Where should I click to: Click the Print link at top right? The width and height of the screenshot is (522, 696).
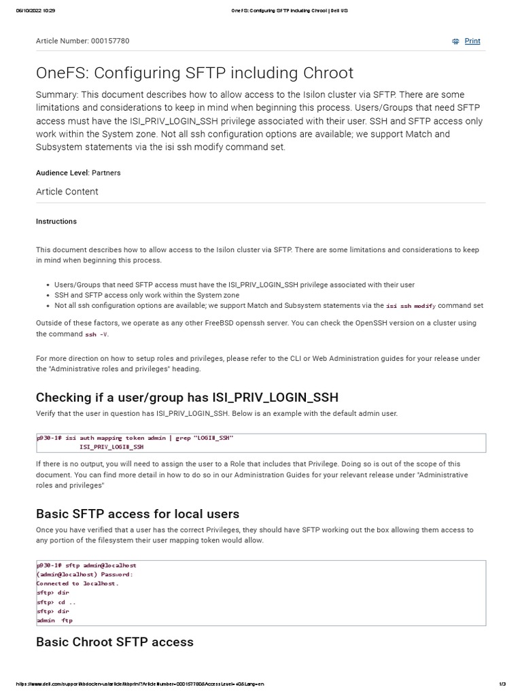(x=472, y=41)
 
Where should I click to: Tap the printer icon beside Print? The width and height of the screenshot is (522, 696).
(x=455, y=41)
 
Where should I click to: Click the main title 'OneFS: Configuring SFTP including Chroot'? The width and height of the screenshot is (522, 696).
(x=194, y=73)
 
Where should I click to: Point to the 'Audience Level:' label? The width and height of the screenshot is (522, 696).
(x=63, y=173)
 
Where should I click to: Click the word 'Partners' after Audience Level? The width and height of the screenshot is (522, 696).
(x=106, y=173)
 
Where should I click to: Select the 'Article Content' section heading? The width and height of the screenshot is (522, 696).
(x=67, y=192)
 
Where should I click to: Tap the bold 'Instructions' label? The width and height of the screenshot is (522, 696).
(x=56, y=222)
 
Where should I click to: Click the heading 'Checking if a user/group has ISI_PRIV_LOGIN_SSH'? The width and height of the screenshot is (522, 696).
(x=187, y=397)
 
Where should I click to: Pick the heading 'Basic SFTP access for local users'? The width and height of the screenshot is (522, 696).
(x=137, y=513)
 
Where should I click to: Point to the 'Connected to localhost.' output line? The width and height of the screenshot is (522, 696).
(x=77, y=583)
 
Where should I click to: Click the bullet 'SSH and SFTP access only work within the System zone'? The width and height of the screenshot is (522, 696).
(x=147, y=296)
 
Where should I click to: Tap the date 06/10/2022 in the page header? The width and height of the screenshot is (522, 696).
(x=26, y=11)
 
